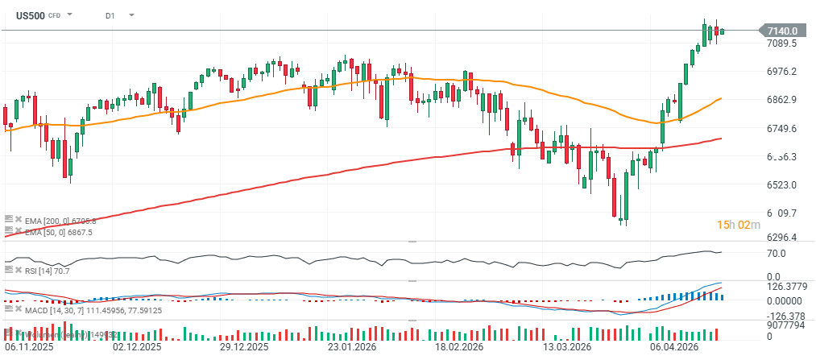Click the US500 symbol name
point(31,14)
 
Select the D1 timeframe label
point(110,15)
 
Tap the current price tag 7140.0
point(781,31)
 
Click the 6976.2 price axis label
point(781,72)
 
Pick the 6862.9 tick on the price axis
point(781,100)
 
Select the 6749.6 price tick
point(781,129)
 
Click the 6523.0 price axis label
point(781,185)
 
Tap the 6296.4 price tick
point(781,238)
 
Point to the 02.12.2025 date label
point(137,348)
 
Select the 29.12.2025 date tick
point(243,348)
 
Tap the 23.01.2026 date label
point(351,348)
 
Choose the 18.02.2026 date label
point(459,348)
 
